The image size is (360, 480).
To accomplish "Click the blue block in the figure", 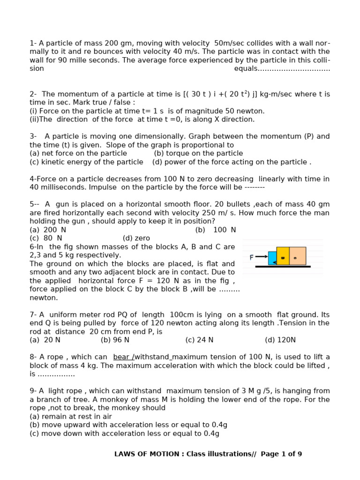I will tap(272, 258).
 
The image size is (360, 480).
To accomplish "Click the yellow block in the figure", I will tap(283, 256).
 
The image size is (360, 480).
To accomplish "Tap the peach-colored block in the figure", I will tap(298, 256).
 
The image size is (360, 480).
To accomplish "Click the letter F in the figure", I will tap(252, 257).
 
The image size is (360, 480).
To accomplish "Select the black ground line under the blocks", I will tap(283, 267).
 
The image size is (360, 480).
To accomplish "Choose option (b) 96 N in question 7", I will tap(115, 340).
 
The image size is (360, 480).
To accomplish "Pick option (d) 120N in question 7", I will tap(280, 340).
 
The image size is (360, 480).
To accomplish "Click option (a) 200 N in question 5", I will tap(48, 230).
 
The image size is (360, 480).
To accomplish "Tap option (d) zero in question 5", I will tap(136, 238).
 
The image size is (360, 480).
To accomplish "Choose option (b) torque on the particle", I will tap(198, 153).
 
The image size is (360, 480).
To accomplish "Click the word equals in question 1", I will tap(246, 68).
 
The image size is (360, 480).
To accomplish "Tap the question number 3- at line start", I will tap(33, 136).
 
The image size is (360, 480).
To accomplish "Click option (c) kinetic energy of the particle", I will tap(86, 162).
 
